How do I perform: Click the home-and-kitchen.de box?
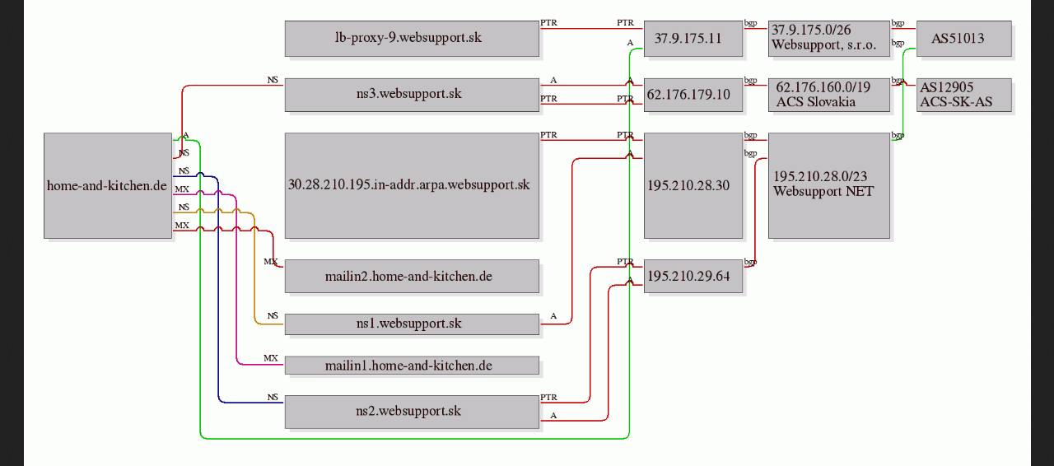108,185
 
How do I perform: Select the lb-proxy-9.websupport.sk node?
412,39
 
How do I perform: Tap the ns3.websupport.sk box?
412,95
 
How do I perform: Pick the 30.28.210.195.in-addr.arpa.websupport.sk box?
412,185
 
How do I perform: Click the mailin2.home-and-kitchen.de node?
412,277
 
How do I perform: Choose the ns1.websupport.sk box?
412,324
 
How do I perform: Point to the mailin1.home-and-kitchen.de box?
412,366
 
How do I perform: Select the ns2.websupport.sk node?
412,412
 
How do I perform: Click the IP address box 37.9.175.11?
693,39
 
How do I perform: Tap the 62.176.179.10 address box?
693,95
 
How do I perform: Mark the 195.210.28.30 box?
693,185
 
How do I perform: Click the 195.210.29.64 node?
693,277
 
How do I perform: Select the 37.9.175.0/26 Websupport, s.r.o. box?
829,39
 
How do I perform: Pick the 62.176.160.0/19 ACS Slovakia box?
829,95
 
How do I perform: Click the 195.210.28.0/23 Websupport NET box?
829,185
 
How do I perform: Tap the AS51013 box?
964,39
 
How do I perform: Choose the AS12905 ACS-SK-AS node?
964,95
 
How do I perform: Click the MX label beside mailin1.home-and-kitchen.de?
271,358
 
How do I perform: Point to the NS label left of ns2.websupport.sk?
273,398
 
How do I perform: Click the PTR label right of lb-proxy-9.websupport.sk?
548,22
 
